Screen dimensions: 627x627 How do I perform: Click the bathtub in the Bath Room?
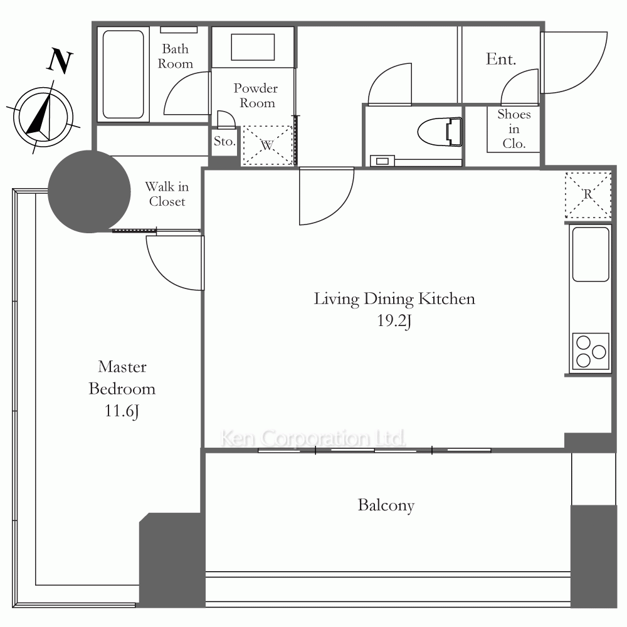123,75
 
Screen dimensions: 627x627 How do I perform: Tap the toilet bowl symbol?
440,132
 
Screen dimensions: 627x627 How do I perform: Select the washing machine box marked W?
268,145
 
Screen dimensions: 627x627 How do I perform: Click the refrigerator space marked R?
588,195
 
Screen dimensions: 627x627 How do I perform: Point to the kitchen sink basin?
591,255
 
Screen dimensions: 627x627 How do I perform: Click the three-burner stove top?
591,351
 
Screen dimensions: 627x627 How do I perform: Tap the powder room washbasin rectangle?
253,47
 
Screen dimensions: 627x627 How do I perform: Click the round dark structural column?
89,191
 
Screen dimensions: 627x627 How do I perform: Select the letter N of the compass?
60,61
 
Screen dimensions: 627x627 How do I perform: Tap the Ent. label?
501,59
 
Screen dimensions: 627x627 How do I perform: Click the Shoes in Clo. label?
514,129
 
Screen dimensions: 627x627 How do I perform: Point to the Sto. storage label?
224,141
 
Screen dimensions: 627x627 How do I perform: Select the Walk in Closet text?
167,194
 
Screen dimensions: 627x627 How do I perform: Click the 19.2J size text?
394,320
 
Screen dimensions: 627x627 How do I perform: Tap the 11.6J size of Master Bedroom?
122,411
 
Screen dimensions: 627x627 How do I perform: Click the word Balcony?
386,505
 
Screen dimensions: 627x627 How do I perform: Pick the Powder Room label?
256,95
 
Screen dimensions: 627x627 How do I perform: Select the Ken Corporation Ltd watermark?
313,438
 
